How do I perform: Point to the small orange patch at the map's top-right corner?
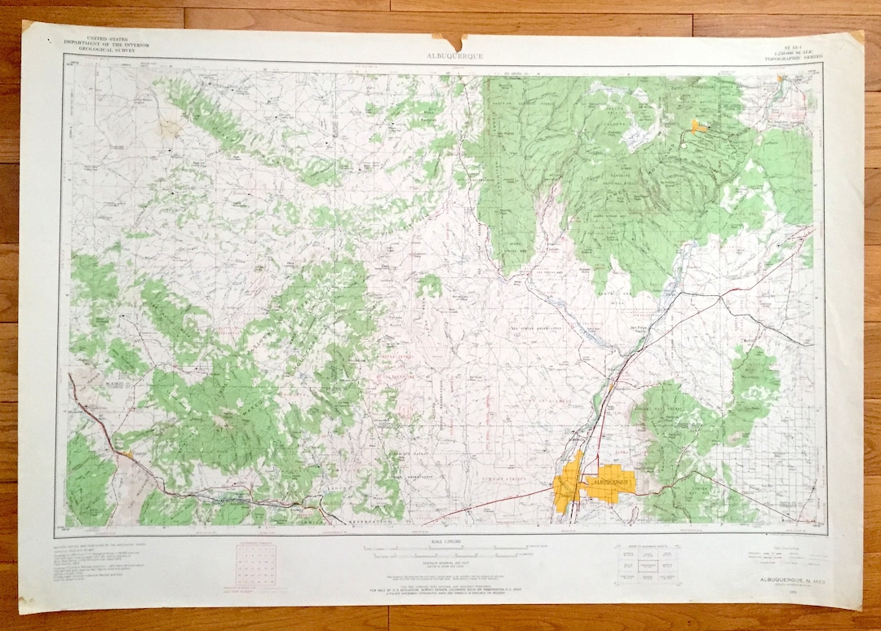pos(781,81)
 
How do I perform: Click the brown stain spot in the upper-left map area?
pos(169,127)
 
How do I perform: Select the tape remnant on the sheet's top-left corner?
pos(28,27)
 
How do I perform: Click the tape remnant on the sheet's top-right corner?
pos(857,37)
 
